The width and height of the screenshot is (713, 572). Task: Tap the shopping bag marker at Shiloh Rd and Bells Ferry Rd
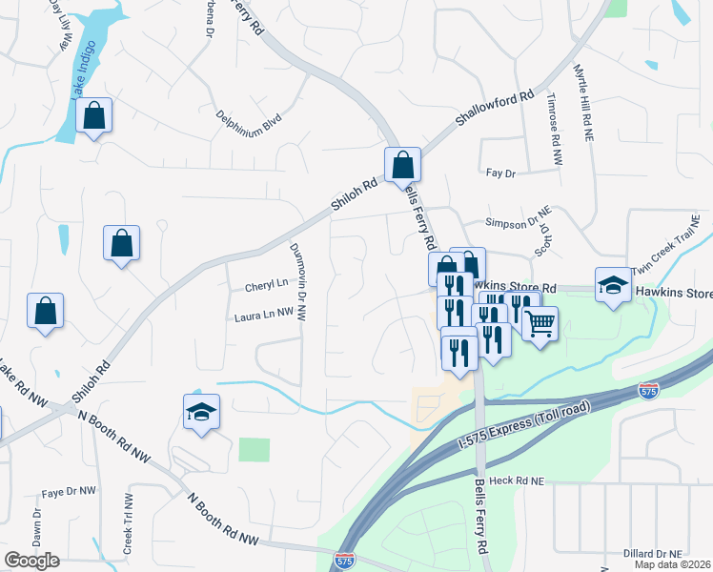(x=402, y=165)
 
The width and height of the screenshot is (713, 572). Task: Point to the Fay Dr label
(x=499, y=173)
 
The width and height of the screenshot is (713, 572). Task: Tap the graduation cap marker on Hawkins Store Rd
(x=613, y=285)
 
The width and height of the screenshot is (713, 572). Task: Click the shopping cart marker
(x=540, y=326)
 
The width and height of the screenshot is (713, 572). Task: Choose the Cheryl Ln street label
(x=266, y=284)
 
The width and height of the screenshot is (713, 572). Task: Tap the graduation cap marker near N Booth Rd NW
(x=201, y=413)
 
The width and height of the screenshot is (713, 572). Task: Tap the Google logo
(x=31, y=560)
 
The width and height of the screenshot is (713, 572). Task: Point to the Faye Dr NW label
(x=69, y=492)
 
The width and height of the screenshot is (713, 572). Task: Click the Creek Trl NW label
(x=127, y=525)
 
